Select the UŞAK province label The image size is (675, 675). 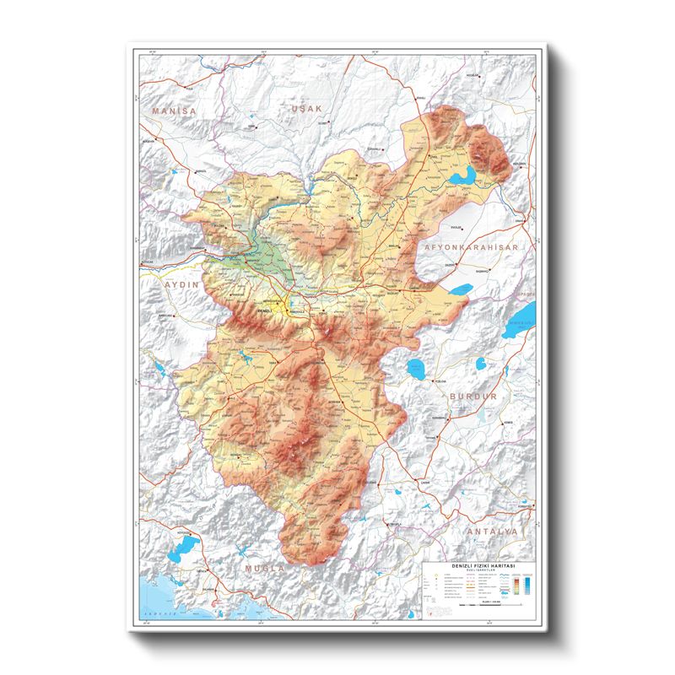point(306,110)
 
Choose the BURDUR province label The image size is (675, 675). point(475,395)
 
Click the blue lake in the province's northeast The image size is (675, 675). point(462,176)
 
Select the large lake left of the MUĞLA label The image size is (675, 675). point(181,555)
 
